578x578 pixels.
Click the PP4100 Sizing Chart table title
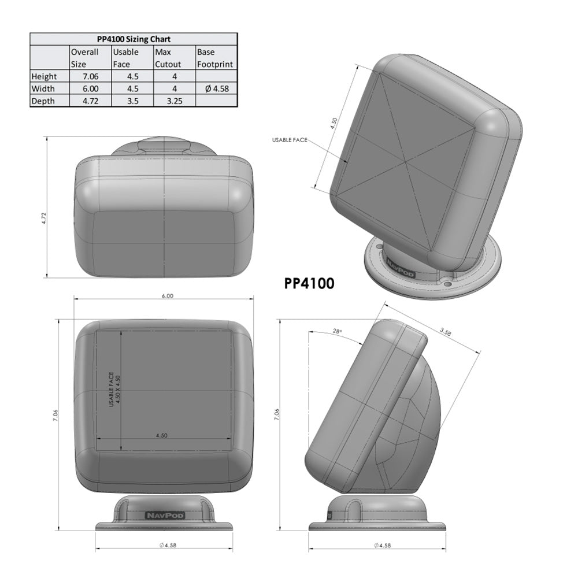(x=133, y=39)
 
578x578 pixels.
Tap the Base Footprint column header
(x=216, y=58)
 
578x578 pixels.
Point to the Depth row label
(x=43, y=101)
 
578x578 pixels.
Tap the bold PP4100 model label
(x=309, y=284)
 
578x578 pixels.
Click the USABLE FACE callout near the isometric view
(x=290, y=140)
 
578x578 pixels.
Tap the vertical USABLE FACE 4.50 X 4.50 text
(x=114, y=391)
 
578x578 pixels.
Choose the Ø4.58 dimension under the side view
(x=379, y=545)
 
